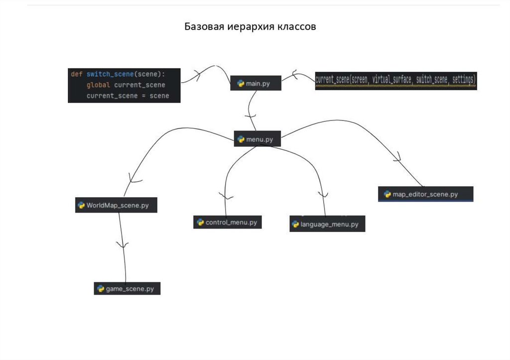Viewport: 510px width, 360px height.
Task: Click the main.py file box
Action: pos(255,83)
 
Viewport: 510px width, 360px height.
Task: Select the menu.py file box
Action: pos(257,139)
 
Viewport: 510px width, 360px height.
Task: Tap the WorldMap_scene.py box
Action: pos(116,205)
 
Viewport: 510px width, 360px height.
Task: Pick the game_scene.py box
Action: pos(127,288)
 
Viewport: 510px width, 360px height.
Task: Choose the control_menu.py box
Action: pos(228,222)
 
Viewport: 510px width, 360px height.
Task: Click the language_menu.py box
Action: pos(327,224)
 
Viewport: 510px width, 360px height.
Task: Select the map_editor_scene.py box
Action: pos(425,194)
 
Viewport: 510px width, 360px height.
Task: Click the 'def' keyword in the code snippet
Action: pos(76,74)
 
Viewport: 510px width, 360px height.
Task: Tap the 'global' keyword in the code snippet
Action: pos(98,85)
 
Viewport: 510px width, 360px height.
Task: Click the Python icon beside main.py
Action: pos(241,83)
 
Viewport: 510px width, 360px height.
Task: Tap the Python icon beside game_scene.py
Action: pos(100,288)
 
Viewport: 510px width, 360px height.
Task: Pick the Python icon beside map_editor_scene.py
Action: pos(387,194)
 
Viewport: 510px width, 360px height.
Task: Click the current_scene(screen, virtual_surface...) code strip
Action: pos(396,79)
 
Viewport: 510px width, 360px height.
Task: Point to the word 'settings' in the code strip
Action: pos(464,79)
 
